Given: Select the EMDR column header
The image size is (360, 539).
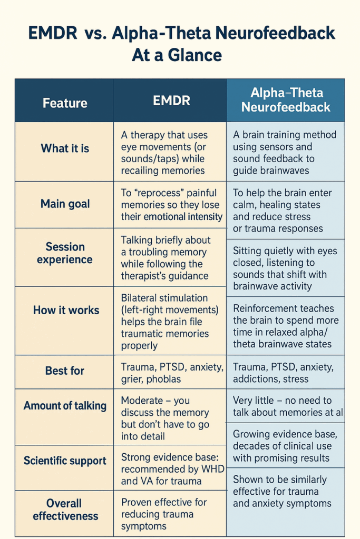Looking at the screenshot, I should point(171,101).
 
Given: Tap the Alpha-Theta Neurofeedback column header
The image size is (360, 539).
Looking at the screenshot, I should point(286,100).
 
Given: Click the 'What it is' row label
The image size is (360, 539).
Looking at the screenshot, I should point(65,148).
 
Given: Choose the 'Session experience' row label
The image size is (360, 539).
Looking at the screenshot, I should point(65,253).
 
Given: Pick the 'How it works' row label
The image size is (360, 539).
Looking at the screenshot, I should point(66,310).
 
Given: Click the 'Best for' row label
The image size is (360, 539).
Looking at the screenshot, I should point(64,371).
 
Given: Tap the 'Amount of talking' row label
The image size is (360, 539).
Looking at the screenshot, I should point(65,406).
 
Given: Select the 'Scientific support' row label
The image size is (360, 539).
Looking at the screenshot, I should point(65,461).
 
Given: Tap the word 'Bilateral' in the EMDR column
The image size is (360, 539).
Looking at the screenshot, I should point(142,298).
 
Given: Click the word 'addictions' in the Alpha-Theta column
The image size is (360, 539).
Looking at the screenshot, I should point(256,378).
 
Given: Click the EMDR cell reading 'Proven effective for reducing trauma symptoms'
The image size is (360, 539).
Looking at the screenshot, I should point(164,514).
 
